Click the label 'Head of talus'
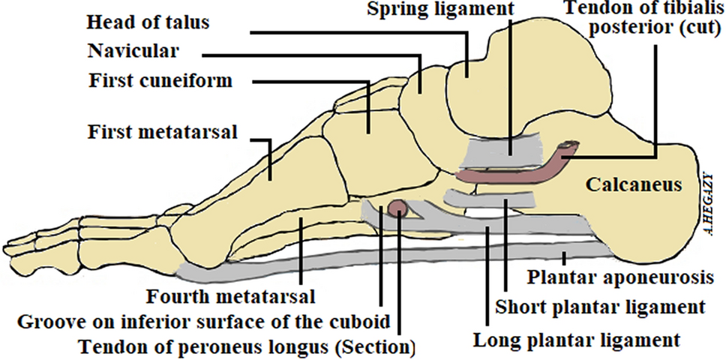147,22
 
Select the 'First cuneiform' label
160,80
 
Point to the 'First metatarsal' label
163,133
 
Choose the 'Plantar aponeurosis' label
619,277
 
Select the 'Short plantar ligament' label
601,307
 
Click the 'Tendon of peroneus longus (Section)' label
247,347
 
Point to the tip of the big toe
9,247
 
